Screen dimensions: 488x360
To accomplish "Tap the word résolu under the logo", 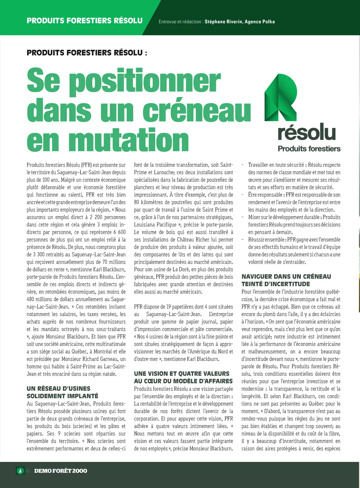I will pos(307,133).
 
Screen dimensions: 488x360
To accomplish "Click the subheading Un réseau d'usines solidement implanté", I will pos(63,392).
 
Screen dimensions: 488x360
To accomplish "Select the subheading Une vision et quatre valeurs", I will pos(182,374).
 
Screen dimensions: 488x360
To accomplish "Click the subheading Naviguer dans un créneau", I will pos(286,277).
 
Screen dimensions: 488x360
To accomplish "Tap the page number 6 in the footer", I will pos(28,471).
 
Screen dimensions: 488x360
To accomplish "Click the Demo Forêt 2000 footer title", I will pos(61,471).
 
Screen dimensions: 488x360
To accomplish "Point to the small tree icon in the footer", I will pos(20,471).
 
